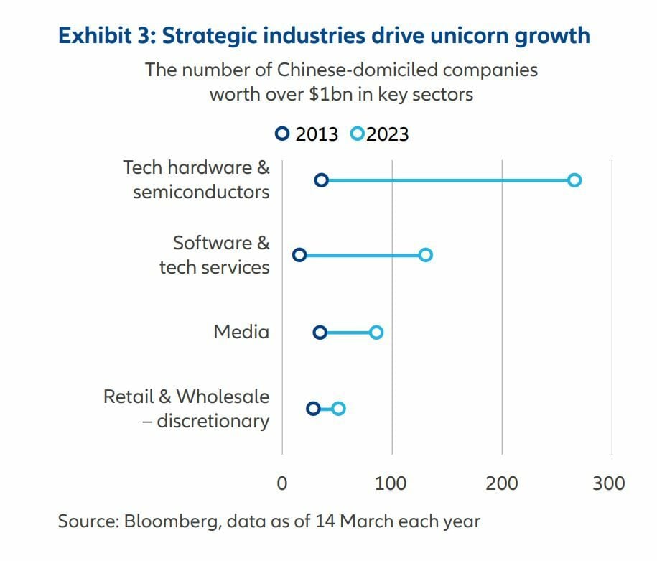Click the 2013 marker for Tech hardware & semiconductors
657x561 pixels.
322,180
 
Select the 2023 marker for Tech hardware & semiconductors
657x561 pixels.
574,180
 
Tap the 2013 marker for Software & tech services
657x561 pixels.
299,255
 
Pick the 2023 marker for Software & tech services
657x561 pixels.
425,255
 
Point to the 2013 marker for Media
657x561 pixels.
320,332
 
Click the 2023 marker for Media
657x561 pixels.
376,332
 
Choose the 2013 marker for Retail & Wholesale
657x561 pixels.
313,409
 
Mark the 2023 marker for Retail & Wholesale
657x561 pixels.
338,409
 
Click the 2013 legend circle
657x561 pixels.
283,134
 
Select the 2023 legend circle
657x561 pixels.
357,134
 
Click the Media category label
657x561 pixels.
241,332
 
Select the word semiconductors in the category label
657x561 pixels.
201,193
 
